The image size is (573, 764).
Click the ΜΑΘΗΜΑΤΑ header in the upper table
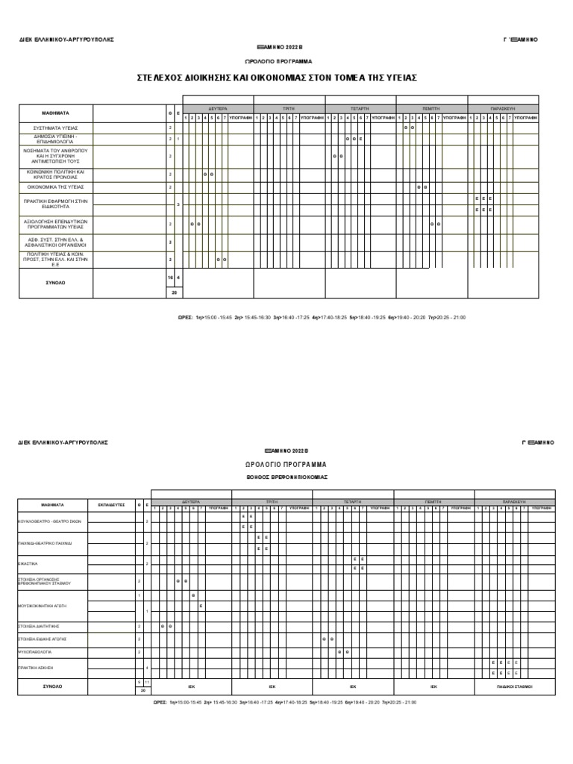[x=55, y=113]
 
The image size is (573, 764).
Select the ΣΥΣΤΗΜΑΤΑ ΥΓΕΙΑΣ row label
[x=55, y=128]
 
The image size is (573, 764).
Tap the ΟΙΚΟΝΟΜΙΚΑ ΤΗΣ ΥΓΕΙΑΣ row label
[x=55, y=187]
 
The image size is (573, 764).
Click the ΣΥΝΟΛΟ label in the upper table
[x=55, y=284]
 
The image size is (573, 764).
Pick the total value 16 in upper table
[x=170, y=277]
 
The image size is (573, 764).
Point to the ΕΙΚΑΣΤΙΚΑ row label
[x=28, y=563]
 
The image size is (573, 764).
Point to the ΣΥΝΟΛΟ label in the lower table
[x=52, y=685]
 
